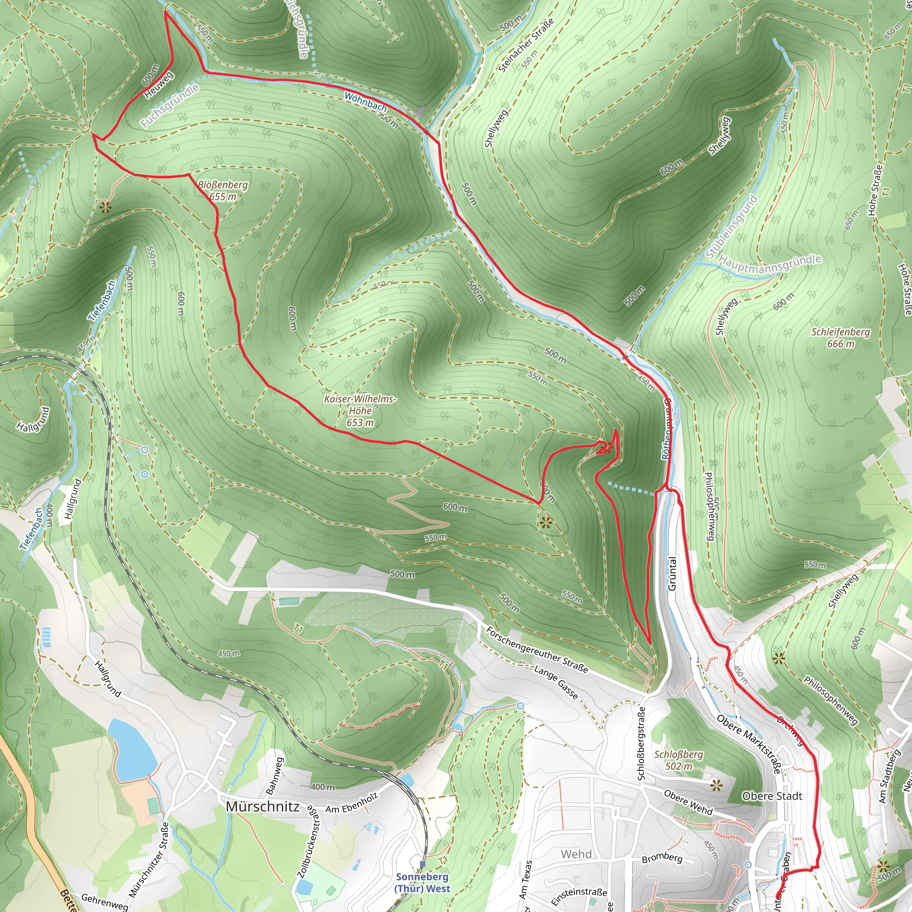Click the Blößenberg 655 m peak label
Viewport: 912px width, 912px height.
click(x=223, y=191)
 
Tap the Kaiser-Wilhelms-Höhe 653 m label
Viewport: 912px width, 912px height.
click(x=360, y=410)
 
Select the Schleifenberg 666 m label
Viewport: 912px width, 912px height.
click(x=840, y=338)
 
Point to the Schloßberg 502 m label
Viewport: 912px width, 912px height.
click(x=678, y=760)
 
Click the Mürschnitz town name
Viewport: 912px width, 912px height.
click(x=262, y=806)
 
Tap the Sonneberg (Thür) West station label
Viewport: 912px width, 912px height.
click(x=423, y=883)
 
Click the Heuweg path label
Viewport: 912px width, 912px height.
click(x=159, y=85)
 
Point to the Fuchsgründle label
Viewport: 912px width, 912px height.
click(x=170, y=106)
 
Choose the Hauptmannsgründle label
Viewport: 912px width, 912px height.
click(x=769, y=265)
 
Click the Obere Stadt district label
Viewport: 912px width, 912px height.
click(x=772, y=796)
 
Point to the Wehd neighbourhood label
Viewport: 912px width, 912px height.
click(x=576, y=854)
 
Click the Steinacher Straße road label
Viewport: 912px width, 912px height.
click(x=526, y=46)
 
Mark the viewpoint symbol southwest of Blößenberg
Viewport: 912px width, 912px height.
click(x=105, y=207)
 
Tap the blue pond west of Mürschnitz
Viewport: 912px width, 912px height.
click(x=131, y=750)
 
